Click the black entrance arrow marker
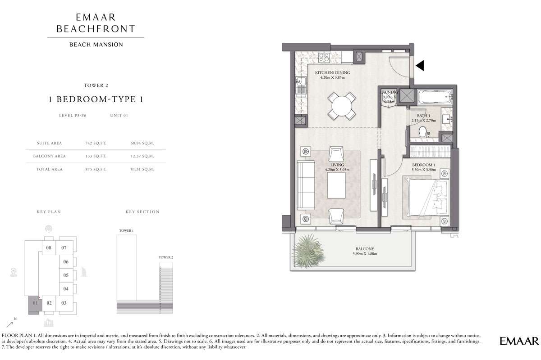pos(420,66)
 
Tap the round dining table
pos(342,106)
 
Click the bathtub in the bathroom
pos(435,97)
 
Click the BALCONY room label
pos(365,248)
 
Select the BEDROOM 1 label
pos(424,165)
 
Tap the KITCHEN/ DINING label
pos(332,72)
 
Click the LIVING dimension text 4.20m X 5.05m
pos(337,170)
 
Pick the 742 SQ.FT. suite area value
pos(96,143)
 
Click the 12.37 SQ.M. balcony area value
pos(142,156)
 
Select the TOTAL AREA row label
pos(49,169)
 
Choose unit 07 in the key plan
pos(64,247)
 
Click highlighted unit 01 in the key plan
pos(35,303)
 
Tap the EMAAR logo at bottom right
pos(519,341)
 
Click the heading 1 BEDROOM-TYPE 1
pos(96,99)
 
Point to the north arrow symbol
pos(9,324)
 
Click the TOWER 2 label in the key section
pos(166,257)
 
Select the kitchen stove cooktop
pos(324,58)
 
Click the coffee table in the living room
pos(336,186)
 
